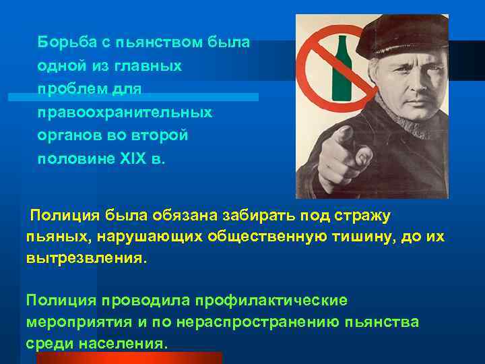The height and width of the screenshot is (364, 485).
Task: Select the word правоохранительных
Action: [125, 112]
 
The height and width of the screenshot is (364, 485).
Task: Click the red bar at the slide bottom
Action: [128, 357]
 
